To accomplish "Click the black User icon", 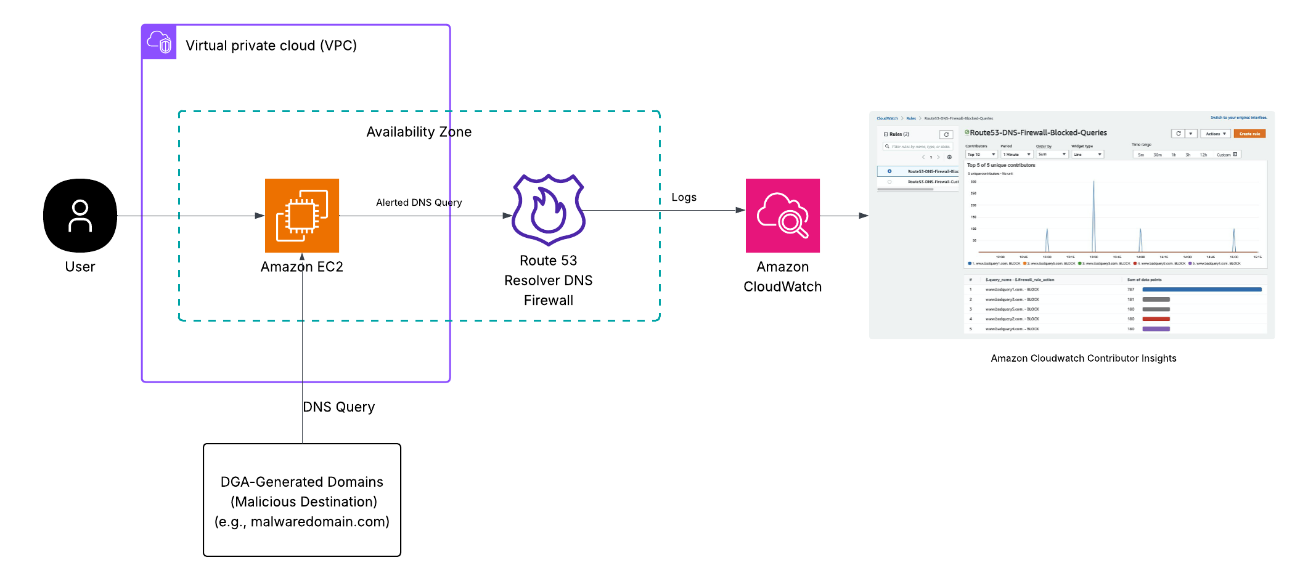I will pos(80,216).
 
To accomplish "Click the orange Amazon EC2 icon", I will pos(302,216).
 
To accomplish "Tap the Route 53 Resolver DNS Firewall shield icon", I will pos(549,209).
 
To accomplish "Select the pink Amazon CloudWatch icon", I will pos(782,216).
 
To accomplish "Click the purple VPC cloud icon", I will pos(159,43).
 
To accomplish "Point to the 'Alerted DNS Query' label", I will pos(419,203).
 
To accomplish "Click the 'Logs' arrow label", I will pos(684,197).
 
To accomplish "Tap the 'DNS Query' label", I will pos(338,407).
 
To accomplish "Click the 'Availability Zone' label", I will pos(419,132).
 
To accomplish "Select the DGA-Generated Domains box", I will pos(302,500).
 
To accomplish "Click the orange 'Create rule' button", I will pos(1249,134).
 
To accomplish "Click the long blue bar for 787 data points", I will pos(1201,290).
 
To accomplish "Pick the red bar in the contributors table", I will pos(1156,319).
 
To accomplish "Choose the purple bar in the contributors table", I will pos(1156,329).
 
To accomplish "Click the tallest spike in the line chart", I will pos(1094,182).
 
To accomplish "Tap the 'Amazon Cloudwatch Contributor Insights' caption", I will pos(1083,359).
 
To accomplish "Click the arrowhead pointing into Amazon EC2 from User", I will pos(260,216).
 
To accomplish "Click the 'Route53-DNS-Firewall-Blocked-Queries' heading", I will pos(1038,132).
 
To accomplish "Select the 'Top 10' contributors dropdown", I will pos(981,155).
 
